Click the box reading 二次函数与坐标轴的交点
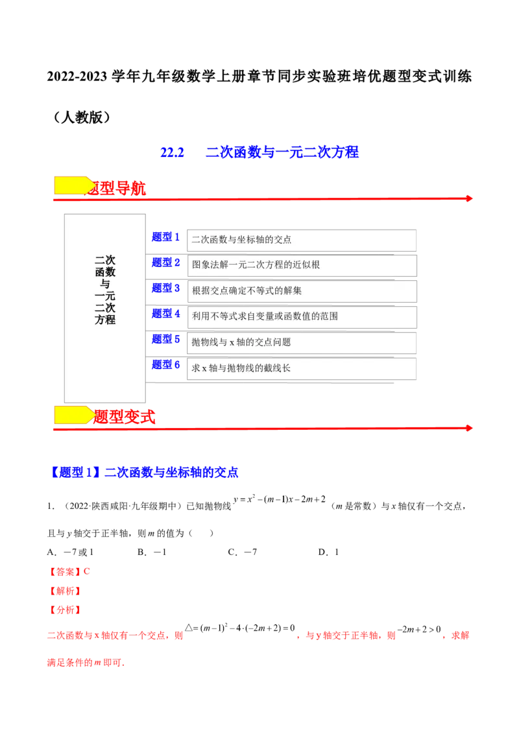pyautogui.click(x=302, y=240)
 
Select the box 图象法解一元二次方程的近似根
pyautogui.click(x=302, y=265)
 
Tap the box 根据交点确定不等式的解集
pyautogui.click(x=302, y=290)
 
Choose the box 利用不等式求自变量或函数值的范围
pyautogui.click(x=302, y=316)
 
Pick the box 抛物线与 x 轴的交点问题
pyautogui.click(x=302, y=342)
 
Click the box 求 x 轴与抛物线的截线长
pyautogui.click(x=302, y=368)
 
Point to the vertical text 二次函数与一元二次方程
pyautogui.click(x=105, y=289)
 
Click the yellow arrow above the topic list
pyautogui.click(x=74, y=185)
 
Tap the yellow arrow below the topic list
pyautogui.click(x=74, y=415)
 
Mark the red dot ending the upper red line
pyautogui.click(x=468, y=198)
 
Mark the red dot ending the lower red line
pyautogui.click(x=468, y=428)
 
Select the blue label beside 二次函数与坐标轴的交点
pyautogui.click(x=166, y=237)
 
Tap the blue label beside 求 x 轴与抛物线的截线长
pyautogui.click(x=166, y=365)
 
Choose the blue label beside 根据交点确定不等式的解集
pyautogui.click(x=166, y=288)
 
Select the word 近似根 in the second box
pyautogui.click(x=307, y=265)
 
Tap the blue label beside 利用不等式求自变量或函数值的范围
pyautogui.click(x=166, y=314)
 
